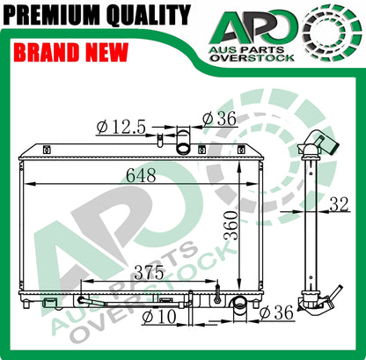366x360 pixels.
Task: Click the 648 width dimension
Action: (x=141, y=176)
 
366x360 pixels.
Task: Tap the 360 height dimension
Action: (x=231, y=225)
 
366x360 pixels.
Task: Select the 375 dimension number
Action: (x=149, y=273)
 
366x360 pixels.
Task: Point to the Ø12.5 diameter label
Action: (x=121, y=128)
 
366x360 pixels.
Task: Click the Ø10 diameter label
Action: (x=159, y=317)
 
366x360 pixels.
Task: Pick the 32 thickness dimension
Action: (x=340, y=204)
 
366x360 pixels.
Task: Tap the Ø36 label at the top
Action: (x=219, y=119)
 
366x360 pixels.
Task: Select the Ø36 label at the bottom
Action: (x=276, y=312)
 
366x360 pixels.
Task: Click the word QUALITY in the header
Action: (x=149, y=14)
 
